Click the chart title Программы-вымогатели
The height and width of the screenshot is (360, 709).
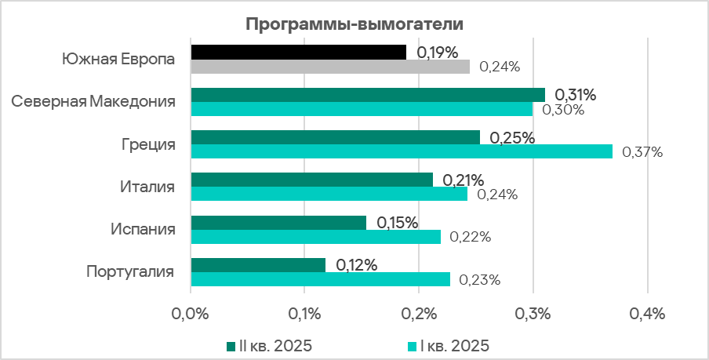click(354, 24)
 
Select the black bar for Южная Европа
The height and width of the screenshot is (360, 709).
click(299, 52)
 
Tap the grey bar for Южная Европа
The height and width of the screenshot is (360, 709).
click(330, 67)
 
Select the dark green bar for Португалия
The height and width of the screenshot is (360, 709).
click(258, 265)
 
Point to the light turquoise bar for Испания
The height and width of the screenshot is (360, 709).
click(316, 237)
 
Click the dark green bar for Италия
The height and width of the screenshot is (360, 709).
click(311, 180)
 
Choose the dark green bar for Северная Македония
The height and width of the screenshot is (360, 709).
click(368, 95)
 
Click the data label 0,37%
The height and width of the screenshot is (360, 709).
click(642, 152)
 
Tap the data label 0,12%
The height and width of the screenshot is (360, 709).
click(357, 265)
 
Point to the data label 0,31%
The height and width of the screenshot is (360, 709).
click(576, 95)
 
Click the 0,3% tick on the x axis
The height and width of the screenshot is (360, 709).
click(533, 315)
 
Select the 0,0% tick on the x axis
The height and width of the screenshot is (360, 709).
click(191, 315)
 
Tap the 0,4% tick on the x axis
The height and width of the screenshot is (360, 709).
click(647, 315)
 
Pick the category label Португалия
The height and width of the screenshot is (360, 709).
click(129, 272)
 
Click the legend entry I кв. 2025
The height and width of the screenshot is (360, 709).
click(452, 345)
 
